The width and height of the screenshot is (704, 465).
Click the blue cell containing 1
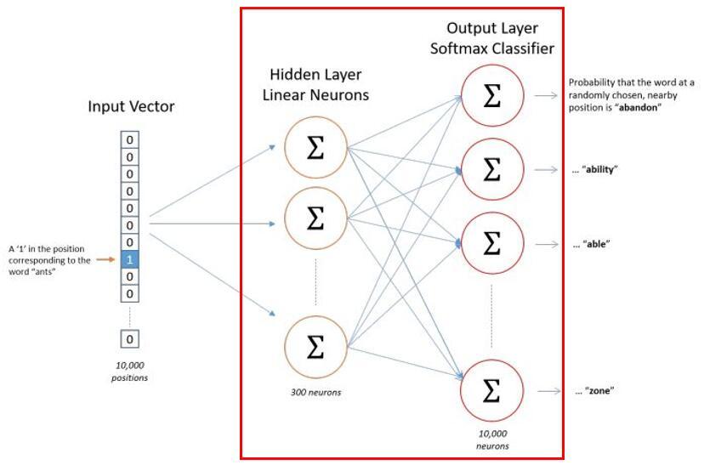pos(129,259)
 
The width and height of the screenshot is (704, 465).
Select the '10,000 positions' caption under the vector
pos(129,371)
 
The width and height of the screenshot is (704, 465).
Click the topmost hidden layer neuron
pos(315,147)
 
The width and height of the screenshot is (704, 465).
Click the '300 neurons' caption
pos(315,392)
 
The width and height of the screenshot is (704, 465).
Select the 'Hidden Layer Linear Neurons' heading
pos(319,84)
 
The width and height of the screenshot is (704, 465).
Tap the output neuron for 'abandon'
pos(491,96)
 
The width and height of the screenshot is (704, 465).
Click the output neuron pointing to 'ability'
pos(491,169)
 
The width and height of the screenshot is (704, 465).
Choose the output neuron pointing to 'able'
pos(491,243)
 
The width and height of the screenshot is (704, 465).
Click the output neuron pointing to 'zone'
pos(491,391)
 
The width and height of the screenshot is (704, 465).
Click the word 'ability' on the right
pos(600,169)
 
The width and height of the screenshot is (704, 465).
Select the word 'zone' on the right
pos(599,391)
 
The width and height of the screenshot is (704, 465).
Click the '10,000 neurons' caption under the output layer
pos(491,439)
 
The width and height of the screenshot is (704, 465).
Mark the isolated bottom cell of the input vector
pos(129,339)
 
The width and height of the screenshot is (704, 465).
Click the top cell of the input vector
pos(129,139)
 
